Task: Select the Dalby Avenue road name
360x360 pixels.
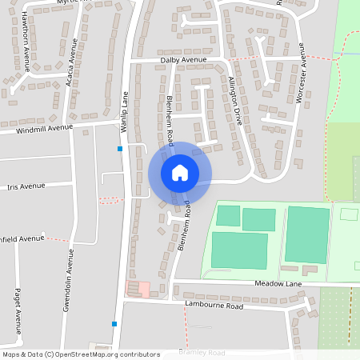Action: point(183,60)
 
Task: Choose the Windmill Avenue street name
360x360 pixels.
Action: point(43,128)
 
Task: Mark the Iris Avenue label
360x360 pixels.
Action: point(26,186)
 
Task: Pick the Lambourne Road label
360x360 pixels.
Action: point(214,306)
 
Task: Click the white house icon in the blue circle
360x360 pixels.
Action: point(180,172)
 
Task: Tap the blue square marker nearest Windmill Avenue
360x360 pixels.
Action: point(120,149)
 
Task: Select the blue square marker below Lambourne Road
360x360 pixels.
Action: point(114,324)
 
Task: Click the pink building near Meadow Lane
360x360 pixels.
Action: point(144,288)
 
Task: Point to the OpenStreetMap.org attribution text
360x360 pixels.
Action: point(111,354)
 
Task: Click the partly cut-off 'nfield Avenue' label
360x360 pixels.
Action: point(22,238)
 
